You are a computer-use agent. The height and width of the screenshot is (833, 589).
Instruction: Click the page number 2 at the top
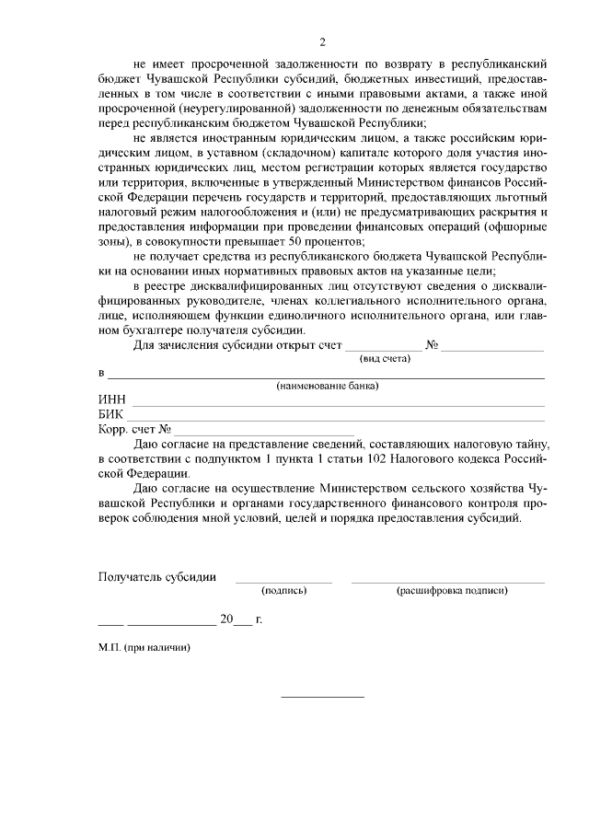pyautogui.click(x=322, y=41)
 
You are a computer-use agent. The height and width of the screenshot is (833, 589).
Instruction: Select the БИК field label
pyautogui.click(x=111, y=415)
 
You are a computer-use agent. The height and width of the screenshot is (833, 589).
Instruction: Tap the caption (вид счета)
pyautogui.click(x=385, y=359)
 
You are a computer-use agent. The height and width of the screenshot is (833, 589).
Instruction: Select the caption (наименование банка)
pyautogui.click(x=328, y=387)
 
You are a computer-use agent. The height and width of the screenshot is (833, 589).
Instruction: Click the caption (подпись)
pyautogui.click(x=283, y=590)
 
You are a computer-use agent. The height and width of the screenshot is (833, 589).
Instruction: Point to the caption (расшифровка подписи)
pyautogui.click(x=451, y=590)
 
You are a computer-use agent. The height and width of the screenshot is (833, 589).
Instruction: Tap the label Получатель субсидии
pyautogui.click(x=157, y=577)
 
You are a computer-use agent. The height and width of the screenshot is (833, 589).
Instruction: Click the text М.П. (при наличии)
pyautogui.click(x=144, y=647)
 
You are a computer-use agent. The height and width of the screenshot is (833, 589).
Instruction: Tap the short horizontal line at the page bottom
pyautogui.click(x=322, y=696)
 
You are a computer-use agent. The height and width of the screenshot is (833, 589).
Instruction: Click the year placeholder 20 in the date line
pyautogui.click(x=226, y=619)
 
